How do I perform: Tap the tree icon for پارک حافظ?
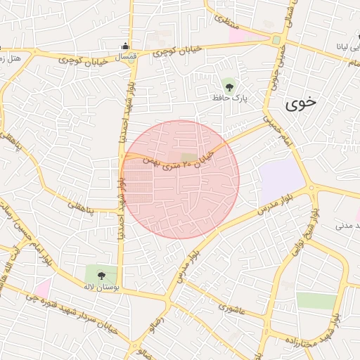pos(229,86)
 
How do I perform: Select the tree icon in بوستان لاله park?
pos(101,275)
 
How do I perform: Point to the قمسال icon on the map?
pos(127,48)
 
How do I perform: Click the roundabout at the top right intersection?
pos(276,39)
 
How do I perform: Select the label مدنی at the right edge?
pos(347,226)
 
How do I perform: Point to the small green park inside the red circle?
pos(188,158)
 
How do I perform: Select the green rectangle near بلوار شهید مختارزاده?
pos(316,301)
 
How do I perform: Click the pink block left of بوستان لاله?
pos(43,288)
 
